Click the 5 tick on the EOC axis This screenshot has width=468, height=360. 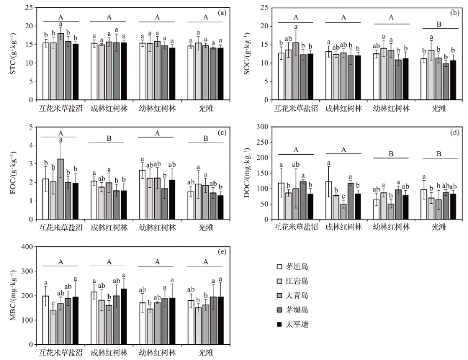(30, 127)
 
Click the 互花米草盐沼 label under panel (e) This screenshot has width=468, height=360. (60, 353)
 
